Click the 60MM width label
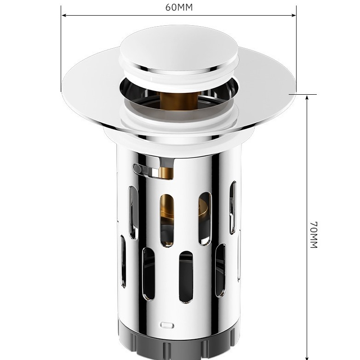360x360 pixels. pyautogui.click(x=179, y=7)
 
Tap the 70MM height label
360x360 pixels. pyautogui.click(x=314, y=234)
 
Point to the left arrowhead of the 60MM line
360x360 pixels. pyautogui.click(x=64, y=15)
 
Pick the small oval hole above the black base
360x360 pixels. pyautogui.click(x=168, y=325)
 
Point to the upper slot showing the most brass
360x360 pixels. pyautogui.click(x=167, y=218)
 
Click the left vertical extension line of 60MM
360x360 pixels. pyautogui.click(x=61, y=46)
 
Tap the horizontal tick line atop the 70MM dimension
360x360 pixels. pyautogui.click(x=303, y=95)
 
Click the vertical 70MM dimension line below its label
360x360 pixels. pyautogui.click(x=307, y=299)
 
